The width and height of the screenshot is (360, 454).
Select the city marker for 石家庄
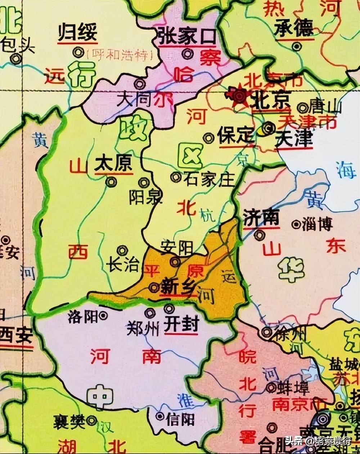point(176,177)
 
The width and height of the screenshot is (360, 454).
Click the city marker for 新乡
point(154,287)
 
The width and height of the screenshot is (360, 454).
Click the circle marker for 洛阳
point(104,315)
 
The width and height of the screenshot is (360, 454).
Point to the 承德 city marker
point(296,46)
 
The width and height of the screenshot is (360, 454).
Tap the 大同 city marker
point(139,84)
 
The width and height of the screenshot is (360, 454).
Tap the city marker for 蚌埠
point(271,387)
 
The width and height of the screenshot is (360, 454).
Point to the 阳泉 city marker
point(144,183)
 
